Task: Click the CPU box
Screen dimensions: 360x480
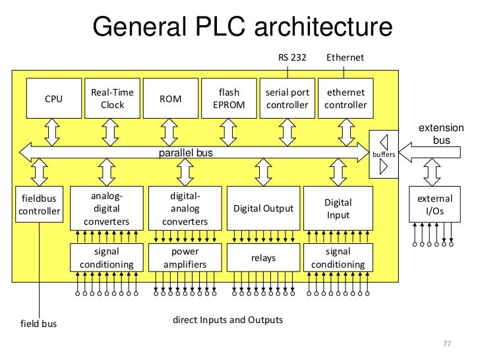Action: (x=53, y=99)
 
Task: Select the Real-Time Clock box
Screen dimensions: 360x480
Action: (x=112, y=99)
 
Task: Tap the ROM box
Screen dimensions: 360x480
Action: (x=171, y=99)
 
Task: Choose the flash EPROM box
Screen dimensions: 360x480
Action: (x=229, y=99)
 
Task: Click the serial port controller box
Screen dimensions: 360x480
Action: (x=287, y=99)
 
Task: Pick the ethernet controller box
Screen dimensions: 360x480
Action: (x=345, y=99)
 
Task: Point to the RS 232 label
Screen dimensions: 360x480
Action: (x=292, y=58)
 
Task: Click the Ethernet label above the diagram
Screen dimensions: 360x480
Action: (x=345, y=58)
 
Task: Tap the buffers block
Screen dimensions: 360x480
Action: (x=384, y=153)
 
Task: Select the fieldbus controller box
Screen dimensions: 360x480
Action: (x=40, y=204)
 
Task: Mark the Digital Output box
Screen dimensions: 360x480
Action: (x=264, y=208)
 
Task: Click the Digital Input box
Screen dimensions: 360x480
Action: (x=338, y=208)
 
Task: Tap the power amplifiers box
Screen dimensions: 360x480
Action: (x=185, y=258)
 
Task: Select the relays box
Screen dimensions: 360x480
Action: (x=264, y=258)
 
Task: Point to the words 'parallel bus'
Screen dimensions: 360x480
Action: (x=186, y=153)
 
